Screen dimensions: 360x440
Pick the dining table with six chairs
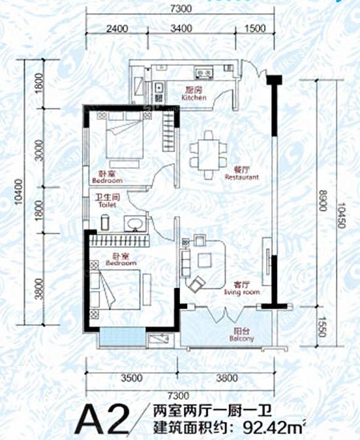pos(208,155)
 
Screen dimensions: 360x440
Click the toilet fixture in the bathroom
pos(105,223)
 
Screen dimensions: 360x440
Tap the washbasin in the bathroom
pos(135,224)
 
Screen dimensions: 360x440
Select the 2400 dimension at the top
pos(117,28)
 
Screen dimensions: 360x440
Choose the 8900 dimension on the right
pos(323,201)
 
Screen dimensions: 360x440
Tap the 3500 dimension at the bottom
pos(132,378)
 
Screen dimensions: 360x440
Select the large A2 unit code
pos(103,421)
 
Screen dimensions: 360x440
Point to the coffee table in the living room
pos(205,260)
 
